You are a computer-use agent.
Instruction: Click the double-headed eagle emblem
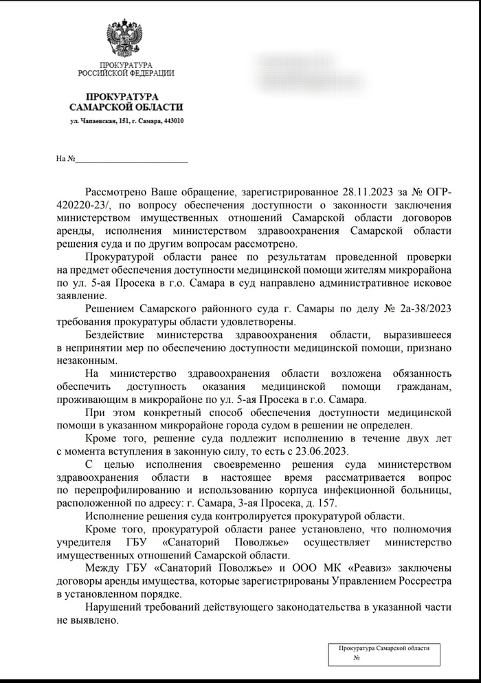126,39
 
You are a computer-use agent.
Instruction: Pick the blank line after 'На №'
131,160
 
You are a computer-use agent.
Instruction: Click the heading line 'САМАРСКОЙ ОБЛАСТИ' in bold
126,107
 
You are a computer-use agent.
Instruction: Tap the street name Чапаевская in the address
100,122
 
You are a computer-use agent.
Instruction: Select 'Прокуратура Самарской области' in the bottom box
383,648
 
